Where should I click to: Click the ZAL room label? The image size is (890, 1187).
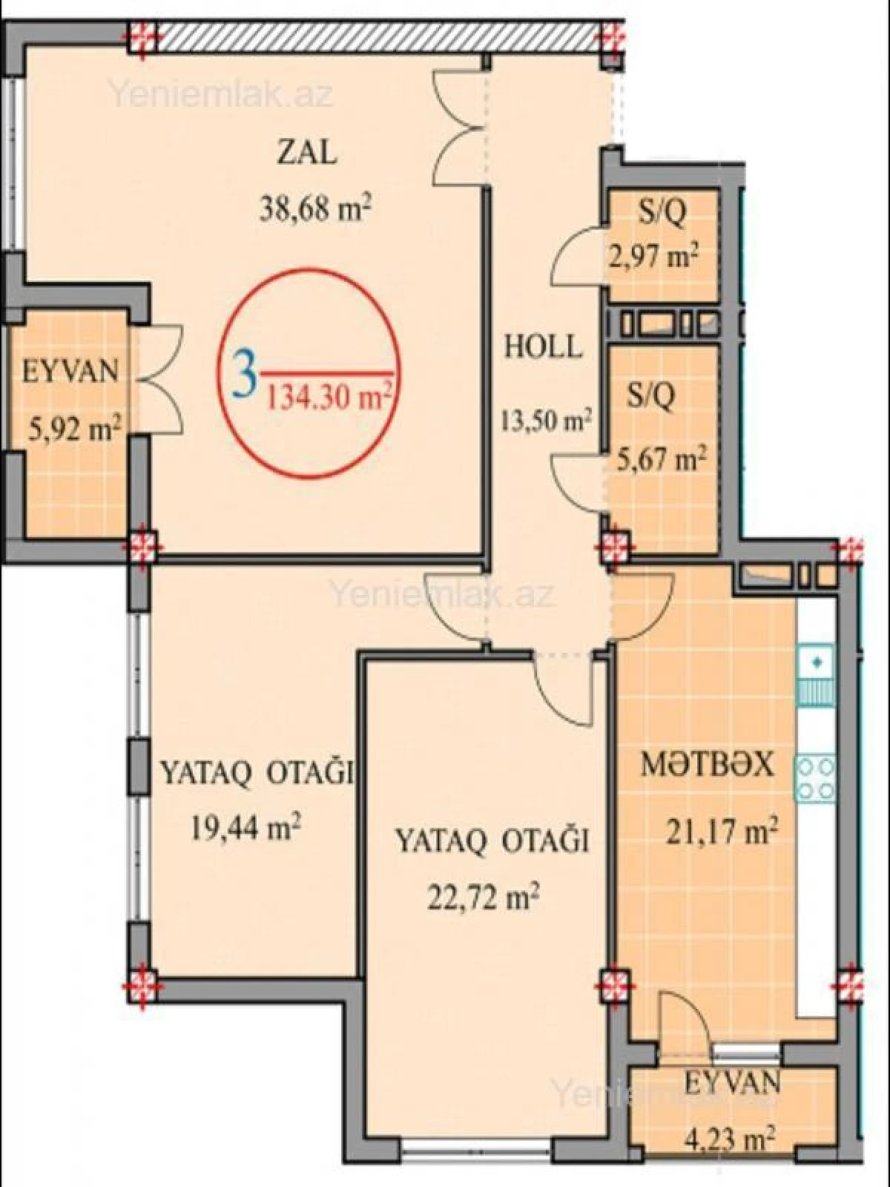coord(306,152)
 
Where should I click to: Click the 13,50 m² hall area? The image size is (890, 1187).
coord(544,421)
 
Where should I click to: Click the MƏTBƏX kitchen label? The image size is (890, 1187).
coord(707,764)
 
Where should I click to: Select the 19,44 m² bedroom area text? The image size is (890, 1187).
coord(245,826)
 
